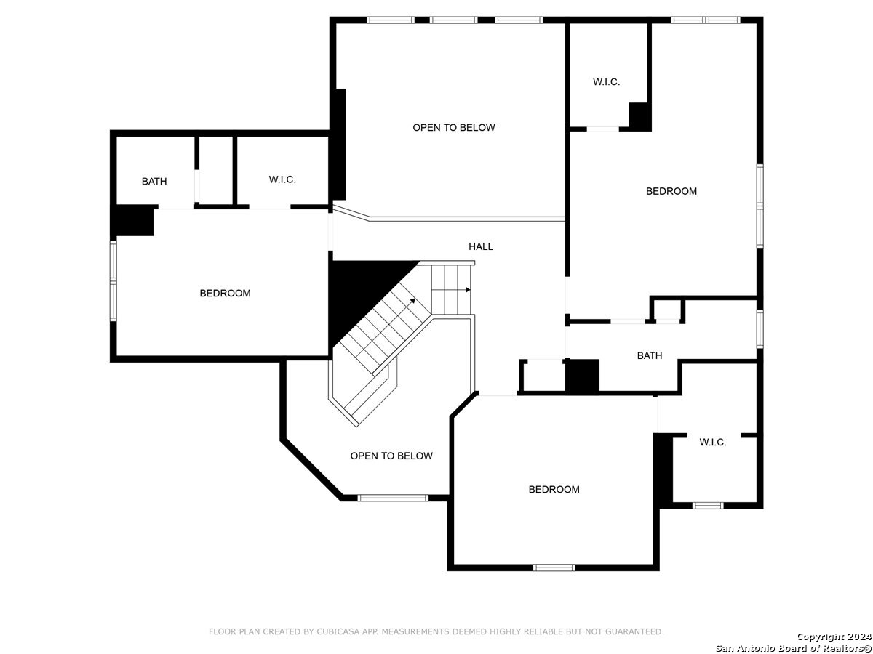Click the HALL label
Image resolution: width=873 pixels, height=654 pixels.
coord(480,246)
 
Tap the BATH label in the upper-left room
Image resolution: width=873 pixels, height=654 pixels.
coord(154,182)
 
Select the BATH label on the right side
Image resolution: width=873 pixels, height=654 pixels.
coord(650,355)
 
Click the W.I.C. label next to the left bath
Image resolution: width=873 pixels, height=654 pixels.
coord(282,179)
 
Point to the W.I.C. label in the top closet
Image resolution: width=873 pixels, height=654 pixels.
coord(606,82)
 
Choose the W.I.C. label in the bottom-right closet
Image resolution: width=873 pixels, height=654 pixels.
coord(713,442)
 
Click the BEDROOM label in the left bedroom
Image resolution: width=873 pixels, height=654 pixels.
coord(225,293)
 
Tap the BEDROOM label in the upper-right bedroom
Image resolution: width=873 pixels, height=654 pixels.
coord(671,191)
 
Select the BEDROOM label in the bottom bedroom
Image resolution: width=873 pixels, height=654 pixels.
coord(554,489)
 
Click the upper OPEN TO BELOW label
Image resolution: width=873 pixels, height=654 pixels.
coord(454,127)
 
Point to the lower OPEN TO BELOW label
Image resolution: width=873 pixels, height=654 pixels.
coord(391,456)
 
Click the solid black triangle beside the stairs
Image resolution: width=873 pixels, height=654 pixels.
coord(358,290)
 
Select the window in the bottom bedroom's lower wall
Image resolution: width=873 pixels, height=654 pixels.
coord(554,568)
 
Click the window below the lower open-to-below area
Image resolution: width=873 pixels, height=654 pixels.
coord(393,498)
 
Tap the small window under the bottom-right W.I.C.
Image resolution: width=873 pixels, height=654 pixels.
coord(708,506)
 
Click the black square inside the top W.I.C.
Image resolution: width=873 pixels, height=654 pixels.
coord(639,116)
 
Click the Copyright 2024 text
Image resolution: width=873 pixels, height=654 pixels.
coord(834,637)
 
